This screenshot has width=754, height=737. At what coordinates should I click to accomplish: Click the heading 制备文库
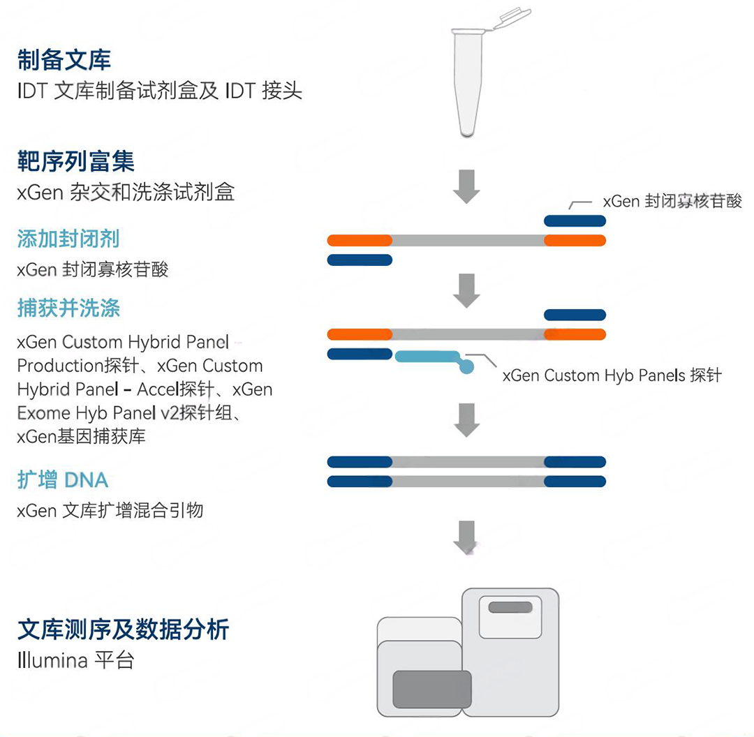64,60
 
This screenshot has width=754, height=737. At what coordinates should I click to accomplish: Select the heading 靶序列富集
75,161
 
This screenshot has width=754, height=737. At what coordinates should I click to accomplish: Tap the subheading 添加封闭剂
68,239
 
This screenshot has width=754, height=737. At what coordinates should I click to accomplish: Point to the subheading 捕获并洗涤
68,308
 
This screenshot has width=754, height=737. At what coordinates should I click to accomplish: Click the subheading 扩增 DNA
63,479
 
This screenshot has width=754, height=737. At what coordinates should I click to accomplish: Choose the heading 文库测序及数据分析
123,630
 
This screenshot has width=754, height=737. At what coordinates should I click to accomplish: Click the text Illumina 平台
75,660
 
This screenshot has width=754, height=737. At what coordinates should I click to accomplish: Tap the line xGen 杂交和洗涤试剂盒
126,193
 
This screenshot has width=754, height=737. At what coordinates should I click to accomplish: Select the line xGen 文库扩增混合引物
110,511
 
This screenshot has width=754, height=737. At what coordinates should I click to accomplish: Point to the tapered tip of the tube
467,132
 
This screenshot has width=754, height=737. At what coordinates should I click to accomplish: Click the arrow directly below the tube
466,186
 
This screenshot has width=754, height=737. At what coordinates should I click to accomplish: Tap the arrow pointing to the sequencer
466,537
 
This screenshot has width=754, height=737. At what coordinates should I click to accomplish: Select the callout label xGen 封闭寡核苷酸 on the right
672,201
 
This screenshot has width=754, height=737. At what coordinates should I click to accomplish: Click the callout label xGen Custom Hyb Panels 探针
612,375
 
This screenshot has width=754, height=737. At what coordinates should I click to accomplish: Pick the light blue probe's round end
466,367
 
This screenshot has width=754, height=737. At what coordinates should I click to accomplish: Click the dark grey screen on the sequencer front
432,690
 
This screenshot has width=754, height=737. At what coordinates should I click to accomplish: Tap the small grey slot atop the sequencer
510,607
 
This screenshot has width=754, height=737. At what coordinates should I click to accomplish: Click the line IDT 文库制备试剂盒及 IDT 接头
160,91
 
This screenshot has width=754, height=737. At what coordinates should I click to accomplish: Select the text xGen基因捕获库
81,436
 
